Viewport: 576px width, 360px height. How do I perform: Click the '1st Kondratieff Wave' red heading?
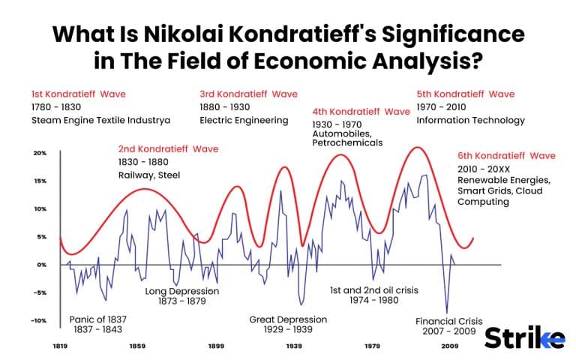[78, 94]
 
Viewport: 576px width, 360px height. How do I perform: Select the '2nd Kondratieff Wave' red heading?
[168, 149]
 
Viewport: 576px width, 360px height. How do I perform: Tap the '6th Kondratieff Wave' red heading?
[506, 156]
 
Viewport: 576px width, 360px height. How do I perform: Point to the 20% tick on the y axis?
[40, 153]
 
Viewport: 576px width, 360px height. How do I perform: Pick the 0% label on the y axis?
[42, 265]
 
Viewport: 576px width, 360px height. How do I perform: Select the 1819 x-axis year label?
[60, 347]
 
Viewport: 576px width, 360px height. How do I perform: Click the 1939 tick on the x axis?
[294, 347]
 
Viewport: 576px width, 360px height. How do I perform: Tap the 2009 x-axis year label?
[449, 347]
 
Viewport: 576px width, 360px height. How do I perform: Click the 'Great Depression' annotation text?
[288, 319]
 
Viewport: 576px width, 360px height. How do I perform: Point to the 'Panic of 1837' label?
[97, 319]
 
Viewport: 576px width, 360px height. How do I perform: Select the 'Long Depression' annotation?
[181, 291]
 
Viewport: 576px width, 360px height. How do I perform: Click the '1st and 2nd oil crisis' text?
[373, 289]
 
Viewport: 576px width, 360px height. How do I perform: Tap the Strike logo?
[524, 338]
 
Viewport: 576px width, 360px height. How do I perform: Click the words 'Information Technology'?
[470, 121]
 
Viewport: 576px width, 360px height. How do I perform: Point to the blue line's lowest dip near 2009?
[447, 313]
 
